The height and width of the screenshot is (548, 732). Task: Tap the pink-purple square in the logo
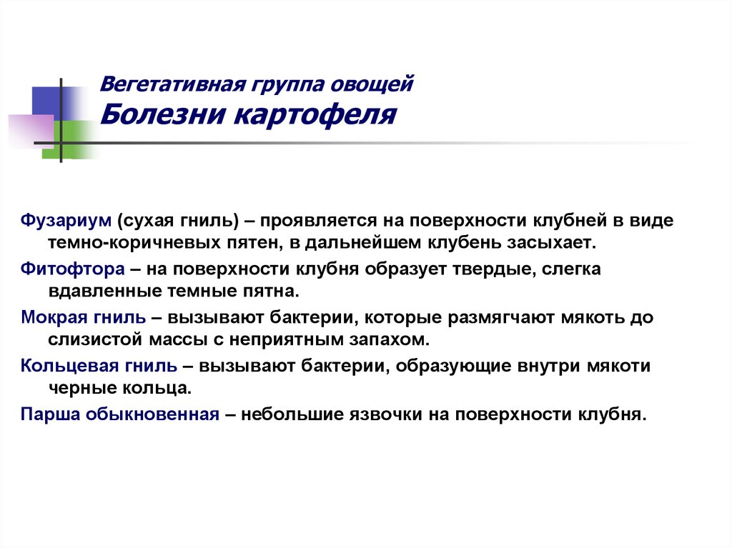pyautogui.click(x=30, y=131)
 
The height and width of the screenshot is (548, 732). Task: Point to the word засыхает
pyautogui.click(x=555, y=243)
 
